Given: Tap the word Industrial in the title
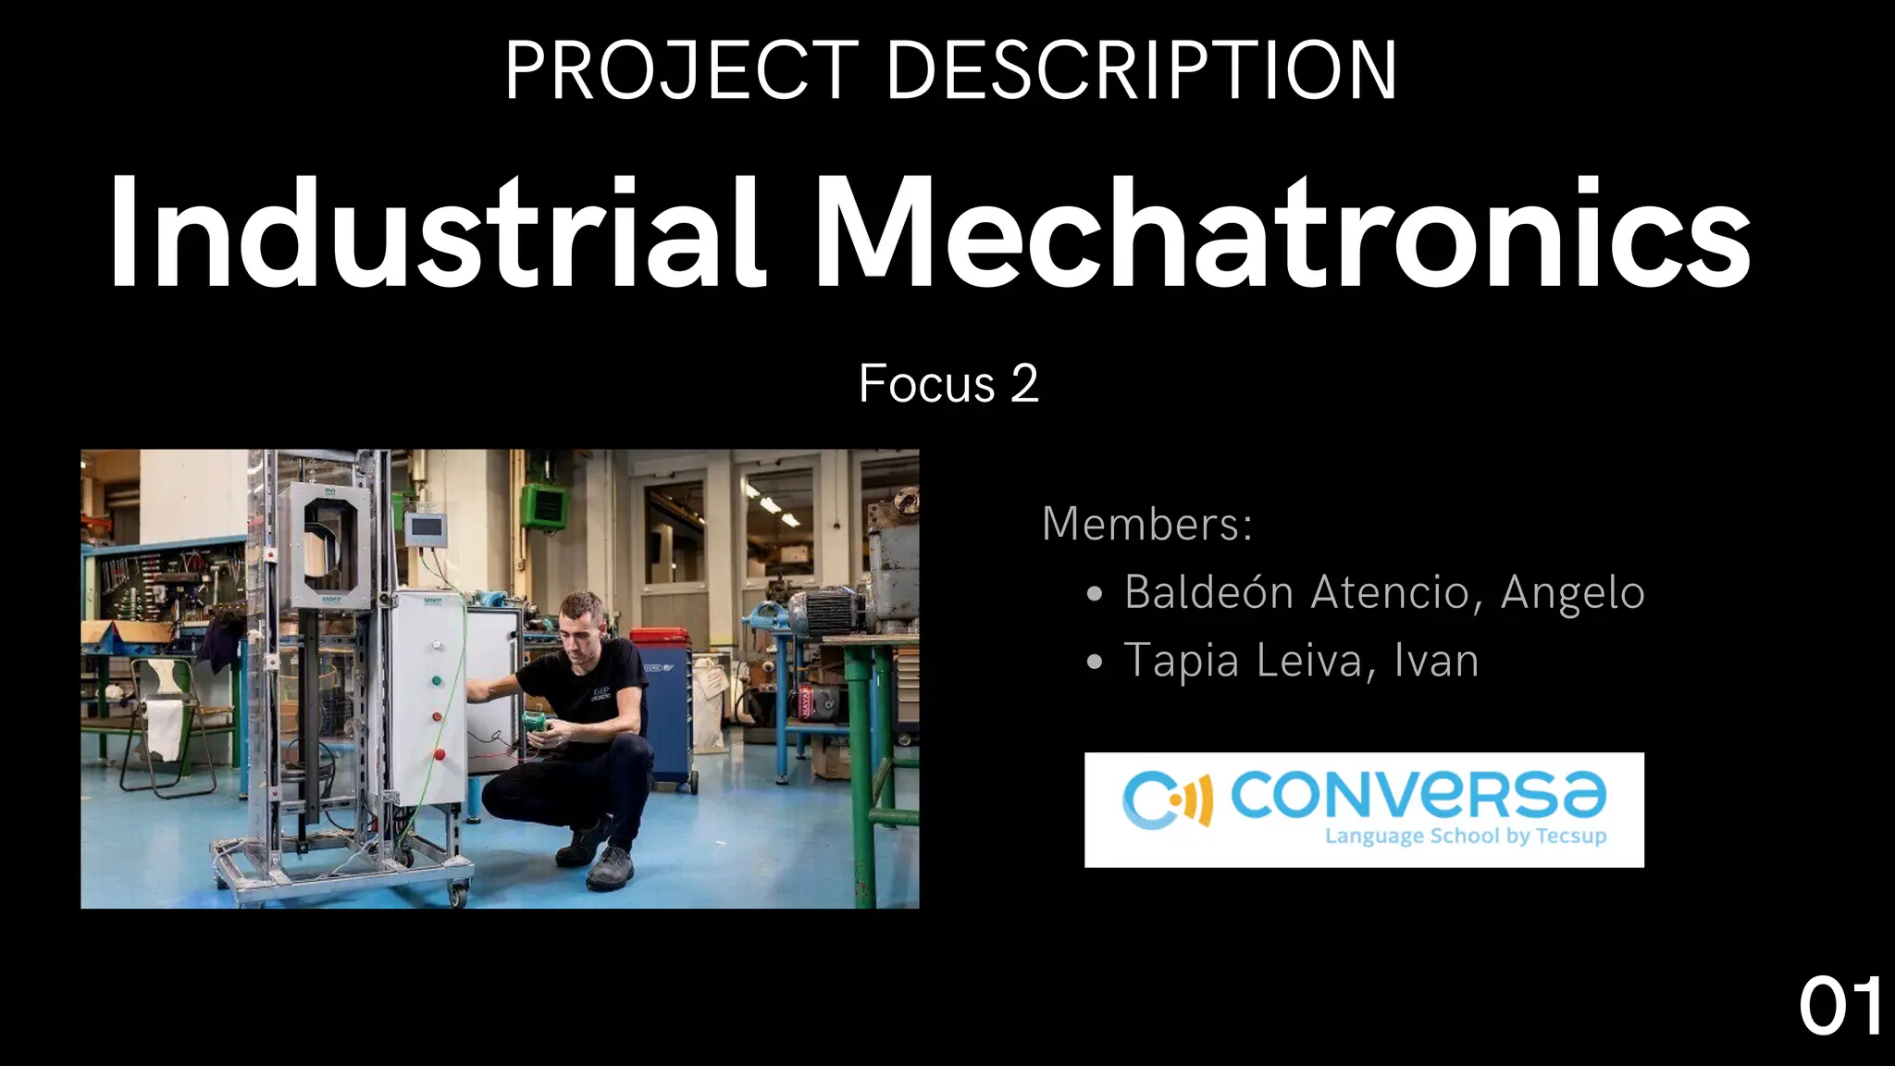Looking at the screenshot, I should (x=436, y=233).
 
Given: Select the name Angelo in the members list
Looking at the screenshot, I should (x=1572, y=592).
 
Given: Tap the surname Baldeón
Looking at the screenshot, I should (x=1208, y=592).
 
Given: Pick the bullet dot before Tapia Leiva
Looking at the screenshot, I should (x=1096, y=663).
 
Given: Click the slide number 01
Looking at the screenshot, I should (x=1840, y=1008).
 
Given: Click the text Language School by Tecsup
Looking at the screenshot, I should (x=1466, y=837).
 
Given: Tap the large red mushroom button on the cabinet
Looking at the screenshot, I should (x=439, y=754).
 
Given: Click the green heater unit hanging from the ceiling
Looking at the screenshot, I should (x=544, y=506).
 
